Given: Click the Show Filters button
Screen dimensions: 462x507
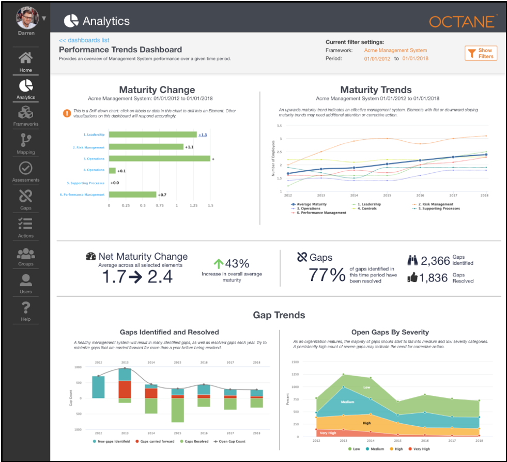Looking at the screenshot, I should coord(481,53).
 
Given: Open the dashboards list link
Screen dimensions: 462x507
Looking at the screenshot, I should coord(84,40).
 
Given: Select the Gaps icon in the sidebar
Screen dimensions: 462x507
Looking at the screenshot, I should coord(25,197).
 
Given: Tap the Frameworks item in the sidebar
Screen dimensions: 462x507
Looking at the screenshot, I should coord(25,115).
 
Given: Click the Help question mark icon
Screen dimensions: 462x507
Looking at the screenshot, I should coord(25,309).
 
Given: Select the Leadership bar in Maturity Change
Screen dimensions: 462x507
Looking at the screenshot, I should coord(152,135).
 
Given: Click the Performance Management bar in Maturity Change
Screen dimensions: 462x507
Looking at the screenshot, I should coord(132,195).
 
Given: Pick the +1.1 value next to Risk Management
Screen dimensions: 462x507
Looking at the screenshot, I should coord(190,147).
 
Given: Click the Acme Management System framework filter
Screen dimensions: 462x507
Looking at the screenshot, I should coord(395,51).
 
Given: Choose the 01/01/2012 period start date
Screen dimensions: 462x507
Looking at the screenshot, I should coord(377,59).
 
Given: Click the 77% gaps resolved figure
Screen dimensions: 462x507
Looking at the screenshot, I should coord(327,275).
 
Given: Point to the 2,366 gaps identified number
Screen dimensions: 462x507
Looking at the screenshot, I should coord(436,261).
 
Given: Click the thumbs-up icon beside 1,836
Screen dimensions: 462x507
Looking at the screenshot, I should coord(412,278).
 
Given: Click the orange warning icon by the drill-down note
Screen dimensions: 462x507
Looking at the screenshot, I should coord(67,113).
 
